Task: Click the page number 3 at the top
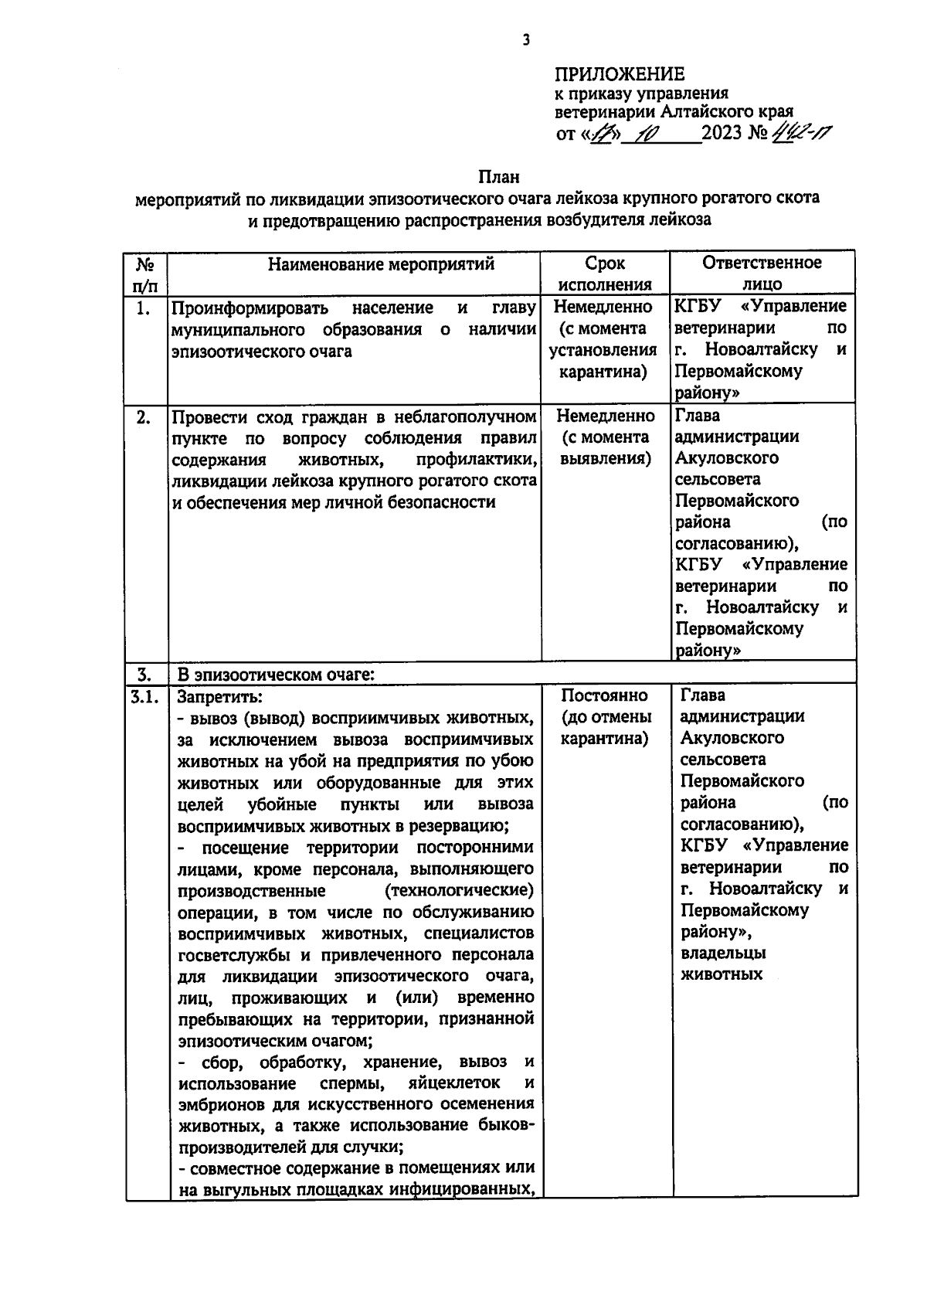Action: (526, 40)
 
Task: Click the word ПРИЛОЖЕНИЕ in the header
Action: (620, 74)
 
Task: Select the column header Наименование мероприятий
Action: (381, 264)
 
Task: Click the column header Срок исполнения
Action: (605, 274)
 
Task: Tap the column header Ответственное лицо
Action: (762, 274)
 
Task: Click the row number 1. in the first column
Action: (144, 308)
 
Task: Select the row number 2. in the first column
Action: (144, 416)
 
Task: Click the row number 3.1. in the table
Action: (145, 696)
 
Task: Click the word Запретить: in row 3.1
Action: (220, 696)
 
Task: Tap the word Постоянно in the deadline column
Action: (605, 695)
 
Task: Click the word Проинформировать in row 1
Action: (250, 308)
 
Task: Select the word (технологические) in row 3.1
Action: (458, 890)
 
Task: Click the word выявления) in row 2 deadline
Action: (605, 459)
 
